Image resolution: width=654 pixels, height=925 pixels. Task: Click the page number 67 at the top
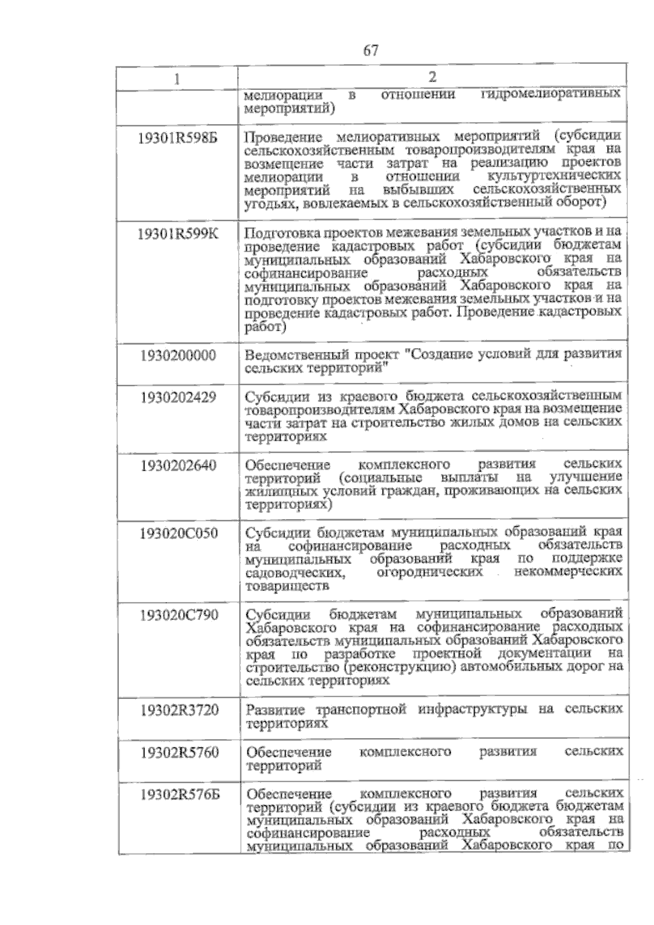(370, 51)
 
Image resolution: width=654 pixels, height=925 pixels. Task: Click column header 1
(178, 79)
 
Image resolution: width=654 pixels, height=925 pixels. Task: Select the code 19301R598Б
(178, 138)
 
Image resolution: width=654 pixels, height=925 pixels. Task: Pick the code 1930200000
(178, 356)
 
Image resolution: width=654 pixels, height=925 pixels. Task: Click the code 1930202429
(178, 398)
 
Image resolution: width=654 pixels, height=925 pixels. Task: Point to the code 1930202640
(178, 466)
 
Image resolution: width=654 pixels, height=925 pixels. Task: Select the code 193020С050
(178, 533)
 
